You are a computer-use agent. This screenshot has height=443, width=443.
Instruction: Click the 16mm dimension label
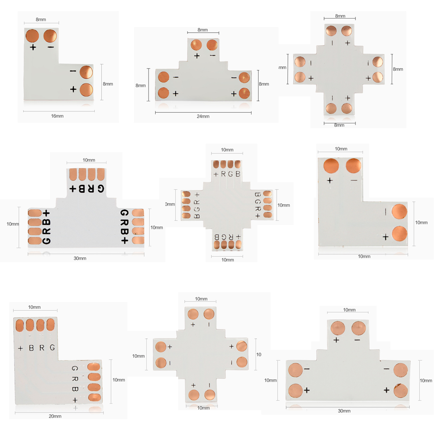coord(57,116)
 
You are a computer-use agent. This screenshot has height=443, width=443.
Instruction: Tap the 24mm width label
coord(203,116)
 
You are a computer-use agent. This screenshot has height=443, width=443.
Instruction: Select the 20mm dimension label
coord(55,416)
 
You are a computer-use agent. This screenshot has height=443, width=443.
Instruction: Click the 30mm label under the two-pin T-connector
coord(344,411)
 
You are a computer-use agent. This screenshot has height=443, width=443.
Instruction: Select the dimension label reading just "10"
coord(259,354)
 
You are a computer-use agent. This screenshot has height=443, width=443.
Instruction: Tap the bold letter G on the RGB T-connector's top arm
coord(101,189)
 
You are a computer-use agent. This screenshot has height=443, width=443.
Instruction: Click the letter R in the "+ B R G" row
coord(42,348)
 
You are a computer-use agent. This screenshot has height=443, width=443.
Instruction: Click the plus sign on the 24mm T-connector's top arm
coord(197,56)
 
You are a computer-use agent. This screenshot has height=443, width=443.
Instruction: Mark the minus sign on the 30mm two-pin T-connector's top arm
coord(357,340)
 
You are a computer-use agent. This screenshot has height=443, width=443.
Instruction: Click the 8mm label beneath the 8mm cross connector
coord(339,125)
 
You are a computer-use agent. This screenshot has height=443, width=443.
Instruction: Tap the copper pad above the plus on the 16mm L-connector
coord(33,35)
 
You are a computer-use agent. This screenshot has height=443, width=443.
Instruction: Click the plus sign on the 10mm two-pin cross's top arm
coord(193,325)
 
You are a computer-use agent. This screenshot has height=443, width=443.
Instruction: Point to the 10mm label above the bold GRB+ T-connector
coord(88,160)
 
